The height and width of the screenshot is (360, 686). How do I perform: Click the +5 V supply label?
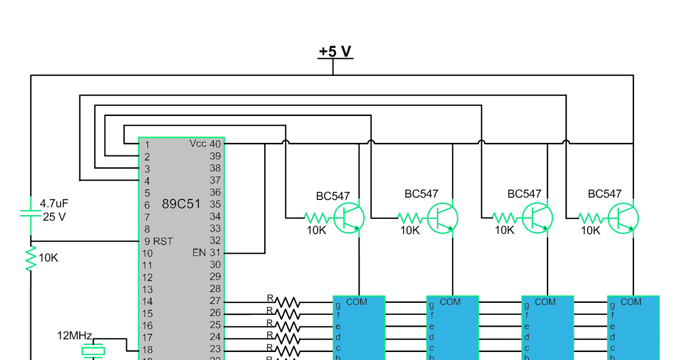pyautogui.click(x=335, y=51)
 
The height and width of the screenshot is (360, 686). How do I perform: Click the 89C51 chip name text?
pyautogui.click(x=181, y=203)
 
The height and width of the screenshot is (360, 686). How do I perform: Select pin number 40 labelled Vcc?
pyautogui.click(x=215, y=144)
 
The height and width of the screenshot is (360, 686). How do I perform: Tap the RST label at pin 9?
pyautogui.click(x=163, y=241)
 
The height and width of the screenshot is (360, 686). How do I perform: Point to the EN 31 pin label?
pyautogui.click(x=206, y=253)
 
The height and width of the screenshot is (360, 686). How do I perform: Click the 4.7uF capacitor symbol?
pyautogui.click(x=30, y=213)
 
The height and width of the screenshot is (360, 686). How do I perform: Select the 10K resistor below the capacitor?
pyautogui.click(x=30, y=258)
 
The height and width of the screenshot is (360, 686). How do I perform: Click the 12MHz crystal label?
pyautogui.click(x=74, y=335)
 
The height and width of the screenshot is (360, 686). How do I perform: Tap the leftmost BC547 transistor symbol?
pyautogui.click(x=349, y=218)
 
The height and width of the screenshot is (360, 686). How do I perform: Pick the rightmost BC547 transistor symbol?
pyautogui.click(x=623, y=218)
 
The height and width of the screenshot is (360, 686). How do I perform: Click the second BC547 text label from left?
pyautogui.click(x=421, y=194)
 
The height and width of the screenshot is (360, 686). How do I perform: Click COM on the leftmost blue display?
pyautogui.click(x=357, y=302)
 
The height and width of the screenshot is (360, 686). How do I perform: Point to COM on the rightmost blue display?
pyautogui.click(x=631, y=302)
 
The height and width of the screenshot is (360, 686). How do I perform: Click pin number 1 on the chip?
pyautogui.click(x=147, y=145)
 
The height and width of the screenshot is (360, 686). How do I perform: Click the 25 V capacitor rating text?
pyautogui.click(x=54, y=217)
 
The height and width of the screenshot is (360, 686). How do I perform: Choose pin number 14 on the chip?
pyautogui.click(x=147, y=302)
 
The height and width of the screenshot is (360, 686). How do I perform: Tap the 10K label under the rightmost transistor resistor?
pyautogui.click(x=591, y=231)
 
